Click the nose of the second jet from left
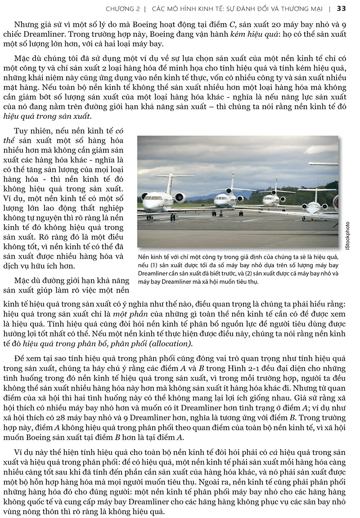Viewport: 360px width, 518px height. [222, 203]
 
